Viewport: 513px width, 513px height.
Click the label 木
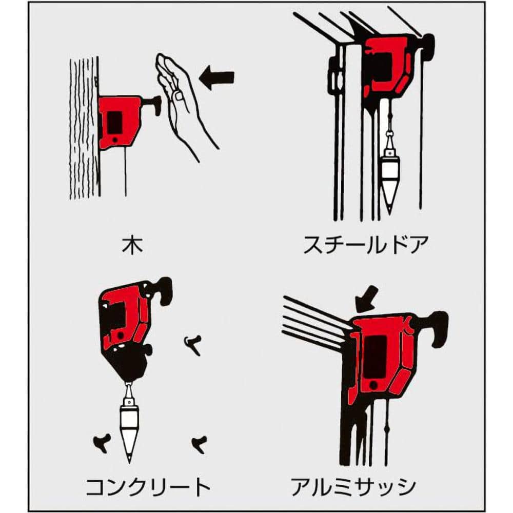pyautogui.click(x=133, y=245)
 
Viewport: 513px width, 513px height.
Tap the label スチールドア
pyautogui.click(x=366, y=245)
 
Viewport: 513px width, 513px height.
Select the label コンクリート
pyautogui.click(x=148, y=487)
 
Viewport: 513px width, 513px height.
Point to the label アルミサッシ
pyautogui.click(x=353, y=487)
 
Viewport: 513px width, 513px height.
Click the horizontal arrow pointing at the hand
pyautogui.click(x=216, y=80)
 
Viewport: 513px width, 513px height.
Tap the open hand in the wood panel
pyautogui.click(x=183, y=105)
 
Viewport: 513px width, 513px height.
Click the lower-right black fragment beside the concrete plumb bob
pyautogui.click(x=199, y=444)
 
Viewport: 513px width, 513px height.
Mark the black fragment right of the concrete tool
pyautogui.click(x=193, y=345)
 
